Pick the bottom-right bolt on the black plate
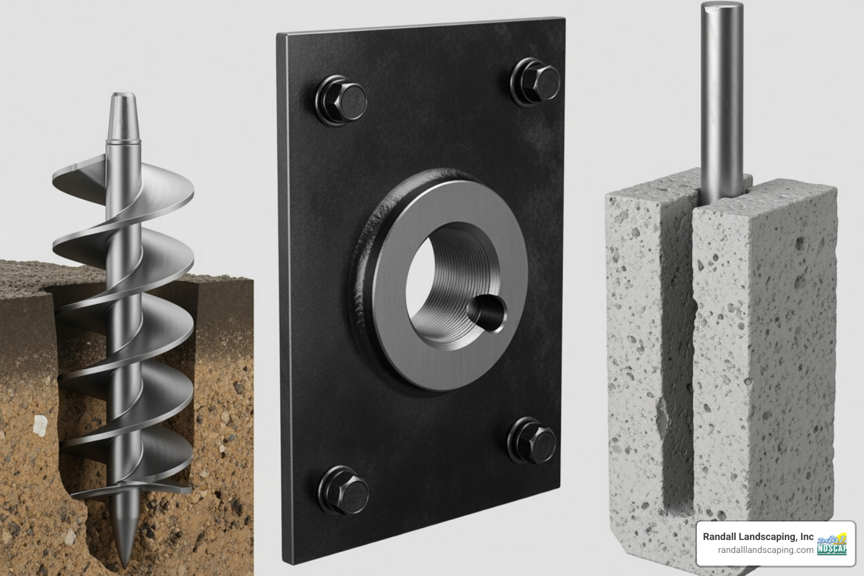pos(534,439)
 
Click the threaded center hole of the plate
pos(444,292)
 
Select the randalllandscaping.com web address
pos(765,550)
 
